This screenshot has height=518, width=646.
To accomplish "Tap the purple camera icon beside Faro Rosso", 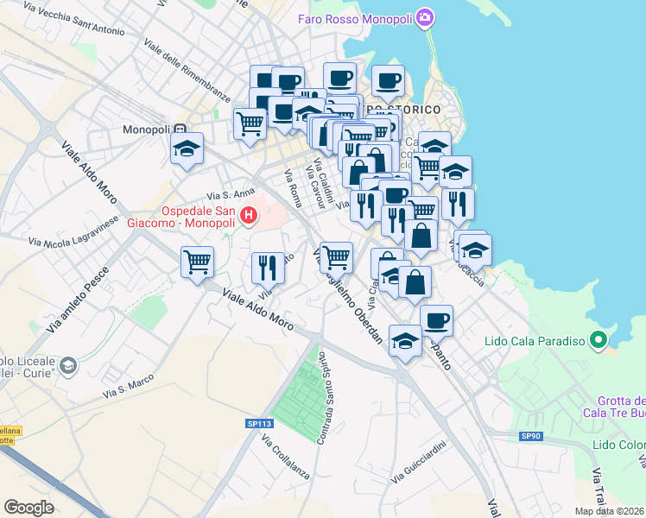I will [x=424, y=17].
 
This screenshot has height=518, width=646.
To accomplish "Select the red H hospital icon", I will [x=250, y=214].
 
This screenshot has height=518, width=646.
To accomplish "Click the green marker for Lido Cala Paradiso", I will [x=597, y=340].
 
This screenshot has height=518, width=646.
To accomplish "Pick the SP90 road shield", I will [x=530, y=436].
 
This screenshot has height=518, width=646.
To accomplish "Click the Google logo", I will [x=29, y=507].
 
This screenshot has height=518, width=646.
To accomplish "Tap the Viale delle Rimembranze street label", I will [x=187, y=70].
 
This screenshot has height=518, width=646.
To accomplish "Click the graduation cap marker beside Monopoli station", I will [x=187, y=149].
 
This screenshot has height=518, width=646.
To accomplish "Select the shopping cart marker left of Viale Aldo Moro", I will [x=198, y=262].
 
